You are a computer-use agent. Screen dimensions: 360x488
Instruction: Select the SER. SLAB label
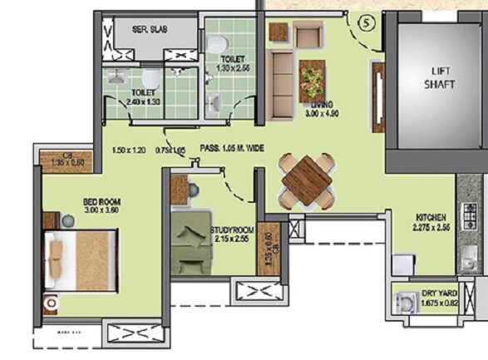coord(150,28)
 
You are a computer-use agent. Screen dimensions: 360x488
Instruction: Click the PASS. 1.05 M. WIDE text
coord(232,149)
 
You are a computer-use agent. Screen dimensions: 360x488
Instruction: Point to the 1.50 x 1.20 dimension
coord(129,150)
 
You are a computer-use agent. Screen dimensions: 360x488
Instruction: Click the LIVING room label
coord(321,106)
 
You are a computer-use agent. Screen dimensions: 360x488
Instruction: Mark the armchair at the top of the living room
coord(308,36)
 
